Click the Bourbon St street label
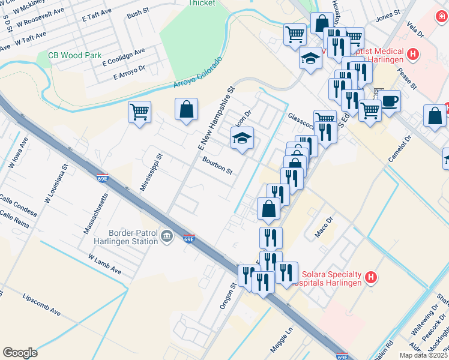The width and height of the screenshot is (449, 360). pos(217,166)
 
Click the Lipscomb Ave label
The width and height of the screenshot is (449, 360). pos(42,305)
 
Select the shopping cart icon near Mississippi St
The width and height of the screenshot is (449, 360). pos(139,111)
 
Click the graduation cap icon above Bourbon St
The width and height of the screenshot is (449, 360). pos(243,139)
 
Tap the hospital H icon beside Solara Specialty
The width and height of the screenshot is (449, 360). pos(372,277)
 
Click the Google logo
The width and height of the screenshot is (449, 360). pos(20,353)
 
